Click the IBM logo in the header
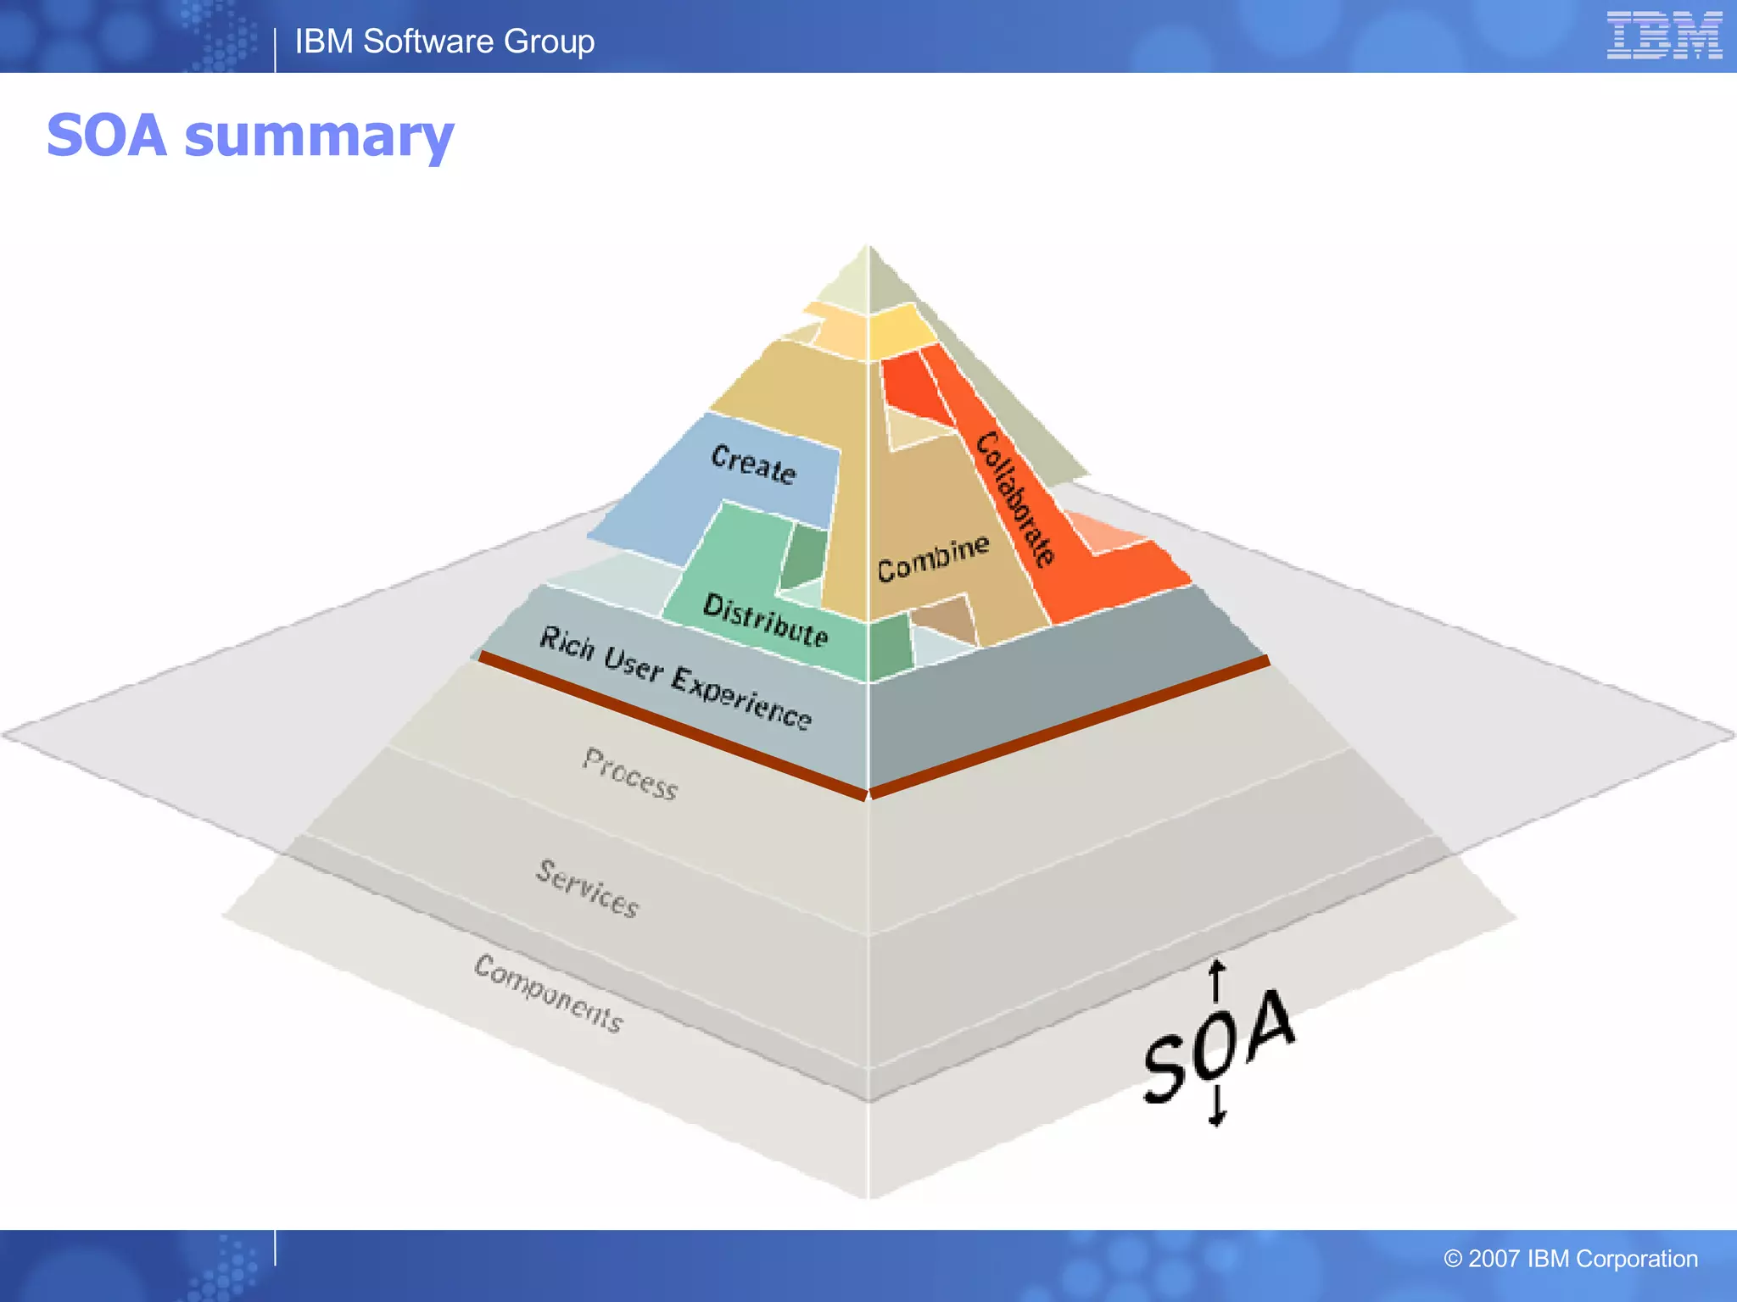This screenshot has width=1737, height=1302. point(1663,36)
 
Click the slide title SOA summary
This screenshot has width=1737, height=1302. point(250,136)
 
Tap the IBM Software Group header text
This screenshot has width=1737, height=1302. point(444,42)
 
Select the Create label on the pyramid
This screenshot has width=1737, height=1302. point(753,464)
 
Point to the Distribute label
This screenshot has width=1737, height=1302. point(765,620)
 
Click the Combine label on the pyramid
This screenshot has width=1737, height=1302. point(933,559)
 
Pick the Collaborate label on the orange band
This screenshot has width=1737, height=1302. point(1015,498)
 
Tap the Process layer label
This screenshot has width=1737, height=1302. point(630,773)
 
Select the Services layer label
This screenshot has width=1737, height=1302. point(587,887)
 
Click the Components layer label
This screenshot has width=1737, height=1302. point(549,992)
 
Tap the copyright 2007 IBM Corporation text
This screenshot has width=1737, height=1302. point(1570,1259)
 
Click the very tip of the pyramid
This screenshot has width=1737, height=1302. point(868,248)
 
